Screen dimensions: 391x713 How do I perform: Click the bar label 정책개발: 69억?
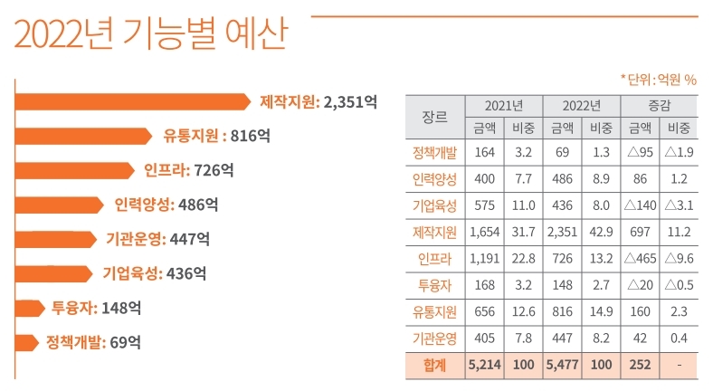coord(93,342)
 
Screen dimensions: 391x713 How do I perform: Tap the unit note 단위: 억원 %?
coord(658,80)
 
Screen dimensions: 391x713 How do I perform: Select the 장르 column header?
coord(434,116)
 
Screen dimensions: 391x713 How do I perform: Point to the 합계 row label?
coord(434,366)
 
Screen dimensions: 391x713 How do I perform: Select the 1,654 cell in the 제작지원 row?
coord(485,233)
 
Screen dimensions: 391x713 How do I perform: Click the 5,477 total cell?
coord(562,366)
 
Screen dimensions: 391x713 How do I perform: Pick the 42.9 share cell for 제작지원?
coord(601,233)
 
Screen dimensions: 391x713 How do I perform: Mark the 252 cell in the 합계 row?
coord(640,366)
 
